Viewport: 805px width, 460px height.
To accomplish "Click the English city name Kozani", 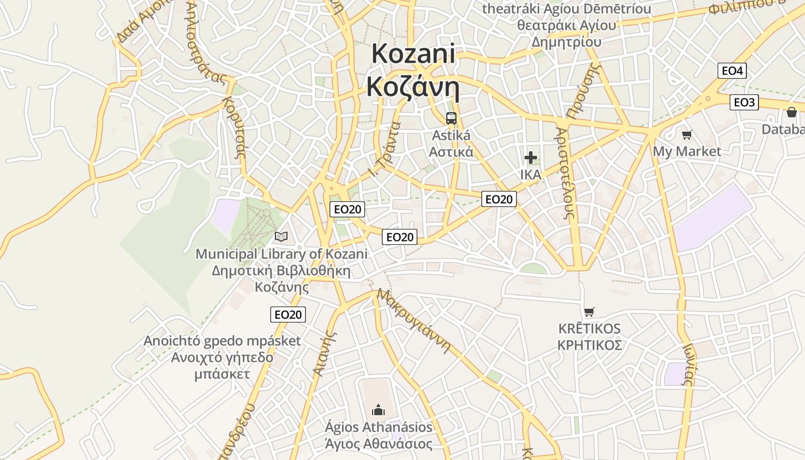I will click(x=413, y=55).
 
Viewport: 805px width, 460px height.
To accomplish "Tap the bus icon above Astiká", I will click(x=451, y=118).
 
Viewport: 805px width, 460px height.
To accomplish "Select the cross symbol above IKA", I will click(x=531, y=157).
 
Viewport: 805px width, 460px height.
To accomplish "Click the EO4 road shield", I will click(x=732, y=71).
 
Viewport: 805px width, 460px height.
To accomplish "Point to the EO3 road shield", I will click(x=744, y=102).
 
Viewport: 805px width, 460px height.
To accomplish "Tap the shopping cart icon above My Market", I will click(x=687, y=135).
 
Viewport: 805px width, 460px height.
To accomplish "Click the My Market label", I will click(x=687, y=151).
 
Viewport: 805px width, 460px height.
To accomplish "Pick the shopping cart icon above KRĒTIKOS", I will click(x=589, y=312).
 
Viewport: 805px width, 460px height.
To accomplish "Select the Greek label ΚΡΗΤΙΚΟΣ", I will click(x=590, y=345).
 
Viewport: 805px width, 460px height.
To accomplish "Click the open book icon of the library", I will click(x=281, y=236).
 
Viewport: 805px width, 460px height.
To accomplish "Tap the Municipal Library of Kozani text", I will click(x=281, y=254).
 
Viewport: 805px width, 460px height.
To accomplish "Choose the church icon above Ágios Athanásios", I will click(x=378, y=410).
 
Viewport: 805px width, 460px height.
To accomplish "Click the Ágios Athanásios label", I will click(x=378, y=427).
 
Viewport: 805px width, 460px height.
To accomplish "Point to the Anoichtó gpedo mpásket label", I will click(x=222, y=341).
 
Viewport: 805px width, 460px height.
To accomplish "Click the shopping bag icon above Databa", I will click(x=792, y=112).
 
